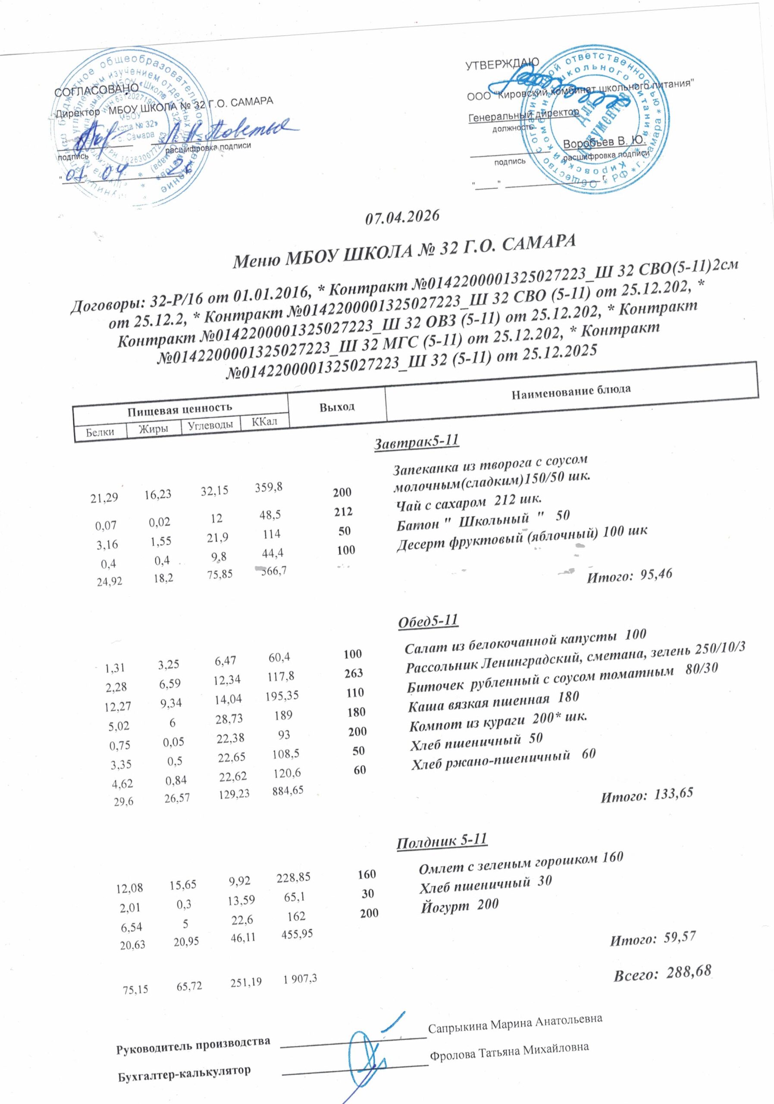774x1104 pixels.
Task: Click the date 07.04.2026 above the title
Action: coord(403,217)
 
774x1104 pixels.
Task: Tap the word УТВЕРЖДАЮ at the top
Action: coord(502,65)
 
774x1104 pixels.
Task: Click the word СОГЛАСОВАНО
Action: coord(97,91)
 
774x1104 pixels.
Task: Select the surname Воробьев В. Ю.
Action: coord(603,143)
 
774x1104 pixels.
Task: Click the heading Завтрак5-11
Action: coord(417,440)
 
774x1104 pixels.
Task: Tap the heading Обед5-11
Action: coord(428,621)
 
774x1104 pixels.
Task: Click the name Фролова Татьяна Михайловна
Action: coord(509,1047)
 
